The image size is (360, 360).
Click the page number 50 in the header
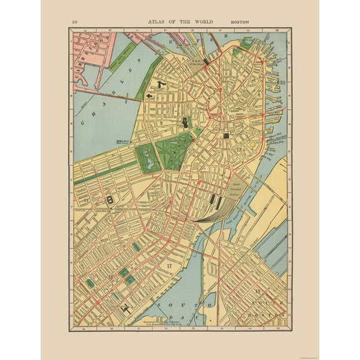[x=75, y=22]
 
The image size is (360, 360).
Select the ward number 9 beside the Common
[x=161, y=123]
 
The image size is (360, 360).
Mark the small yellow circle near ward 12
[x=252, y=144]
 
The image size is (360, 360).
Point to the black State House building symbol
[x=185, y=123]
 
